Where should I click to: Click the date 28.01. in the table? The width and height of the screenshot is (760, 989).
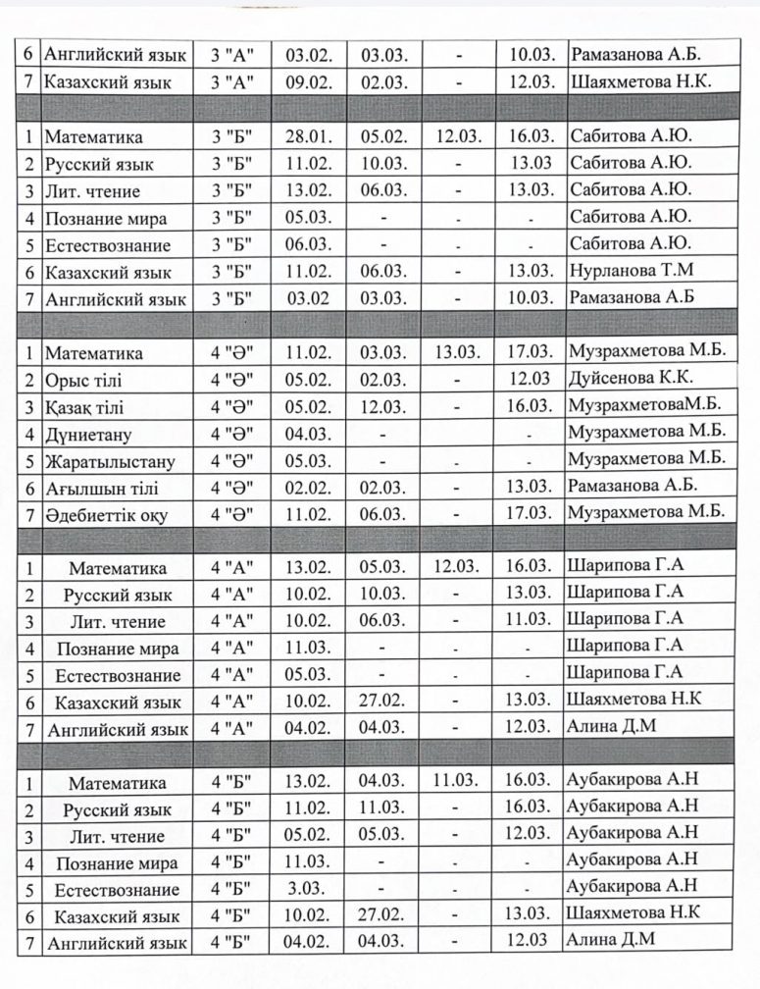click(304, 137)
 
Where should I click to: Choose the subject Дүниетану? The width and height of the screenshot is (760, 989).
click(88, 434)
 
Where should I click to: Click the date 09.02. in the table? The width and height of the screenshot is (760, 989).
click(304, 83)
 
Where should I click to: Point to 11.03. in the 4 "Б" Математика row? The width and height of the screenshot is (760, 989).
click(458, 782)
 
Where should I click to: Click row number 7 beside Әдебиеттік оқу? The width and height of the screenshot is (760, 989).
click(29, 515)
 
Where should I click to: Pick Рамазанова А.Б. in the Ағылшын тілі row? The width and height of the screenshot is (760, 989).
click(633, 485)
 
